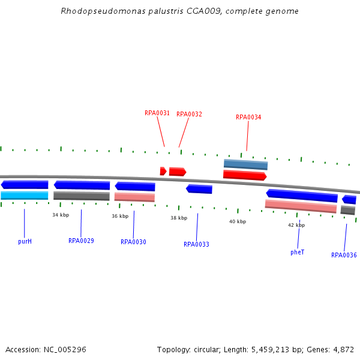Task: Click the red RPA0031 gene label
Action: pyautogui.click(x=157, y=113)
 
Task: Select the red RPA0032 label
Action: pyautogui.click(x=189, y=114)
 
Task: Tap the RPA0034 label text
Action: pyautogui.click(x=248, y=118)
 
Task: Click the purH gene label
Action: pyautogui.click(x=25, y=241)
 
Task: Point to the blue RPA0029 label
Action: pyautogui.click(x=81, y=241)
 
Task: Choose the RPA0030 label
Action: pyautogui.click(x=133, y=242)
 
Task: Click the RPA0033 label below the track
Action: pyautogui.click(x=196, y=244)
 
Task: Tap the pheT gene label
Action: pyautogui.click(x=297, y=253)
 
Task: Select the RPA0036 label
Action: pyautogui.click(x=344, y=255)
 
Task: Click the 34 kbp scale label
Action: pyautogui.click(x=60, y=215)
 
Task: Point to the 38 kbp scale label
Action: pyautogui.click(x=179, y=218)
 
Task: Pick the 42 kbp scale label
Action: pyautogui.click(x=296, y=225)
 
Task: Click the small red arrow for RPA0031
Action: pyautogui.click(x=163, y=171)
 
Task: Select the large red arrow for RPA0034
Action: pyautogui.click(x=244, y=175)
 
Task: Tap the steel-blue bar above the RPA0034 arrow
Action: pyautogui.click(x=245, y=164)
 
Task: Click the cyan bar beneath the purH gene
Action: pyautogui.click(x=25, y=196)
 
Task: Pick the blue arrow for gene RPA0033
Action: pyautogui.click(x=199, y=189)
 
